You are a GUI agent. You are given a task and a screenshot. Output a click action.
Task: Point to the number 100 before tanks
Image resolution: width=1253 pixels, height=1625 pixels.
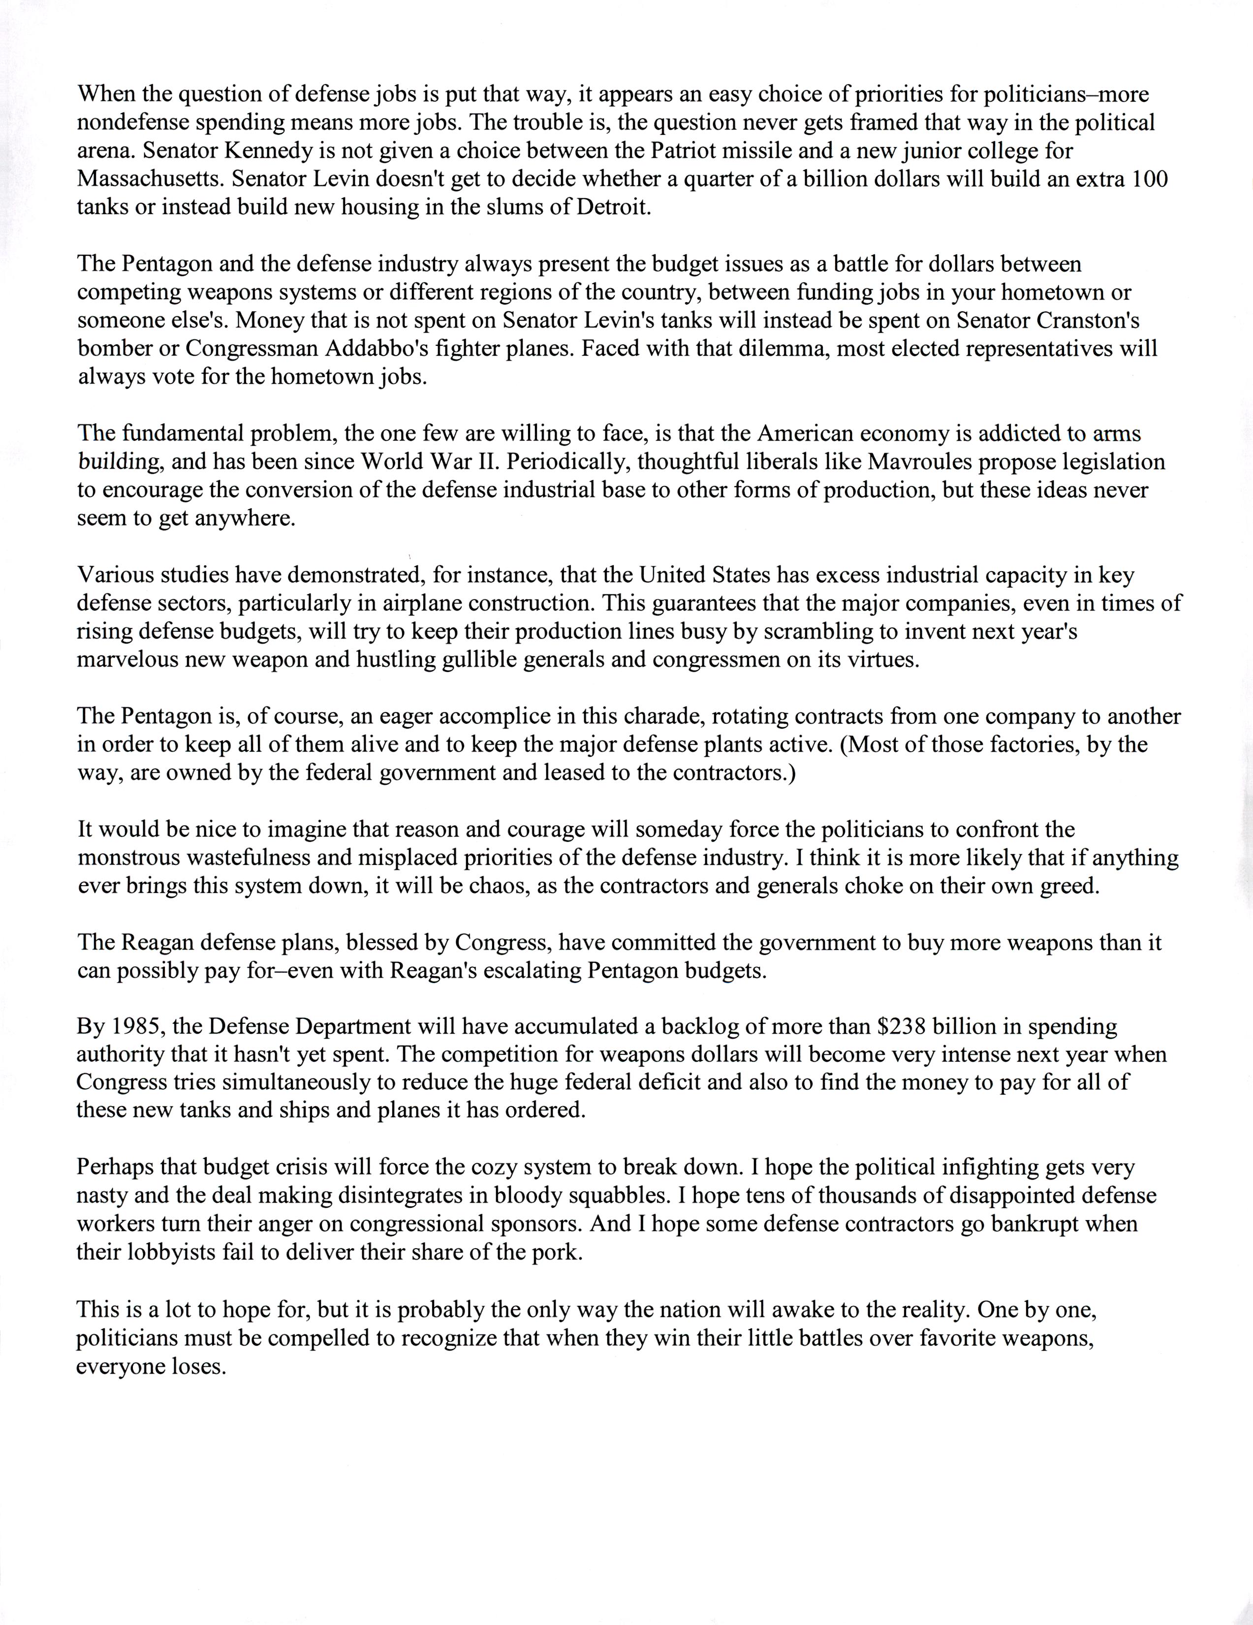coord(1150,179)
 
